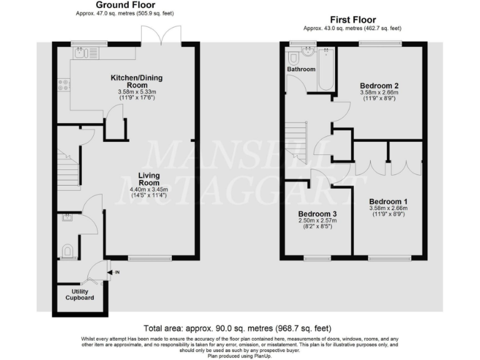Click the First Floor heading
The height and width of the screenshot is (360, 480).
352,20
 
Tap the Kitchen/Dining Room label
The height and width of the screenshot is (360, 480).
129,81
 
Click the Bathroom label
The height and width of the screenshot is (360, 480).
301,69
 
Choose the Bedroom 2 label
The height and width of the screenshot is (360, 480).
379,86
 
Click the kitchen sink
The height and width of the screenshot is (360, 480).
84,53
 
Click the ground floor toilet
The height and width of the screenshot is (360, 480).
68,251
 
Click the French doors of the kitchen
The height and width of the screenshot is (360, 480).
162,36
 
